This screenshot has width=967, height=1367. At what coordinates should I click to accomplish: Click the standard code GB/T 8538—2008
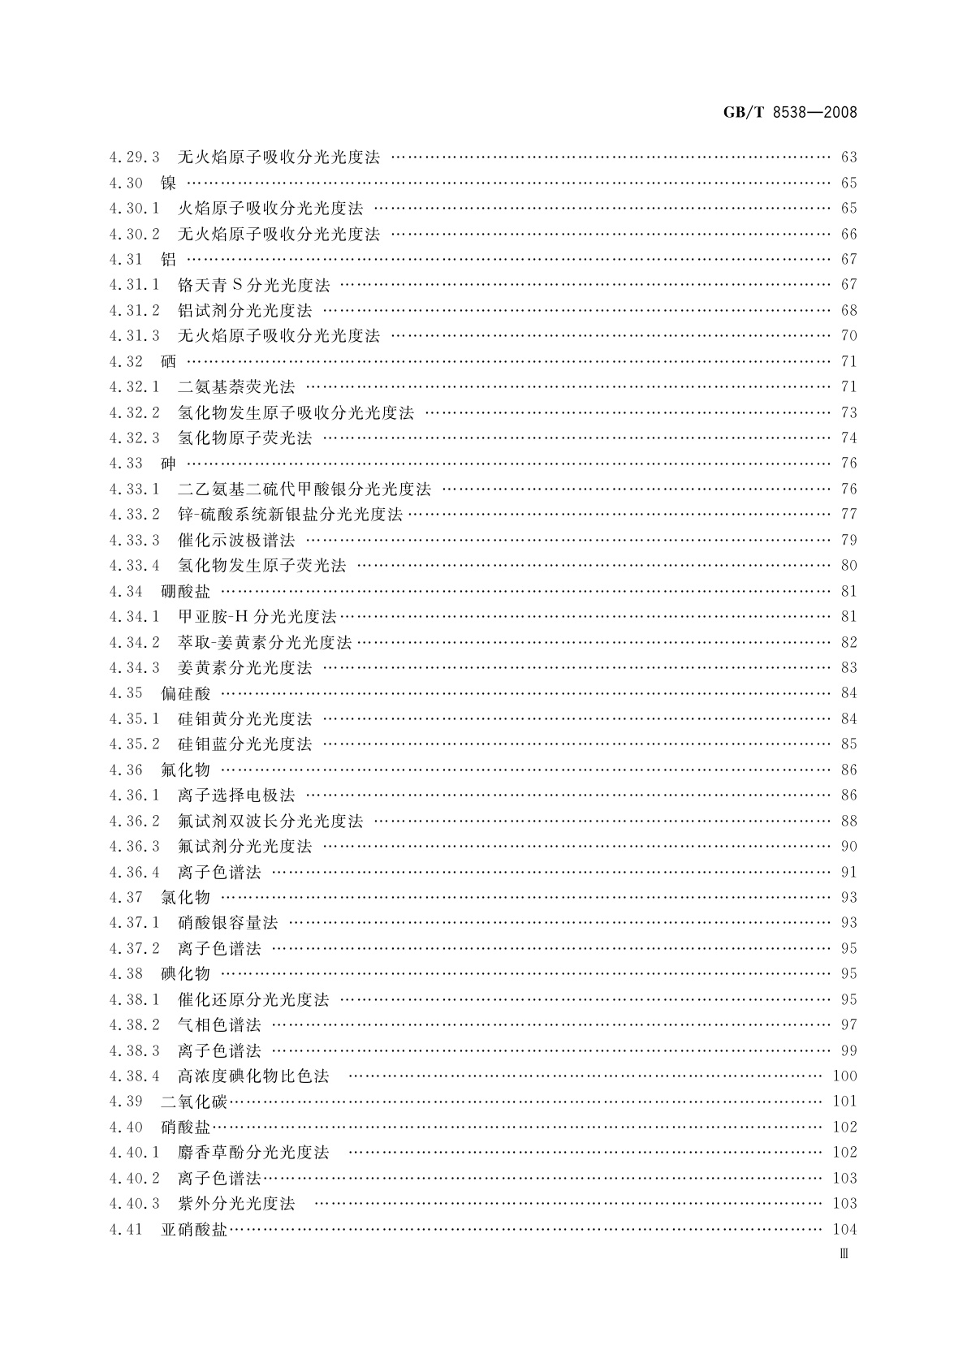(x=789, y=113)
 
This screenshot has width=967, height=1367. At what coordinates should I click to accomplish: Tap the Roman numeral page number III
(x=844, y=1254)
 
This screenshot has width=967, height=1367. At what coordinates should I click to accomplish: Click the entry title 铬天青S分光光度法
(x=253, y=285)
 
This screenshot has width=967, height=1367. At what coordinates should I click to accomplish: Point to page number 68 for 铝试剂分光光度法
(x=848, y=310)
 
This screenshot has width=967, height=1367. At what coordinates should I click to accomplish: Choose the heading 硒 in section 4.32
(x=169, y=361)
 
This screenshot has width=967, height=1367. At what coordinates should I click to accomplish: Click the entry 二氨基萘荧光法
(x=236, y=386)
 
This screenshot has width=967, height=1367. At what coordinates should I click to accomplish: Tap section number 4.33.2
(x=134, y=514)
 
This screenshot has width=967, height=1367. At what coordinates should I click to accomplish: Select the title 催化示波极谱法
(x=236, y=540)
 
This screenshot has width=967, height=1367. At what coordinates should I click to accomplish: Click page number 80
(x=848, y=565)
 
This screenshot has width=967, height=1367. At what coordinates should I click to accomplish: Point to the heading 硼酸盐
(x=186, y=591)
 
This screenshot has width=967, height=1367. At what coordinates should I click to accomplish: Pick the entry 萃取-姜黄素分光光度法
(x=265, y=642)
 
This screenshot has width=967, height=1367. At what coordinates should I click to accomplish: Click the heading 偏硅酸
(x=186, y=693)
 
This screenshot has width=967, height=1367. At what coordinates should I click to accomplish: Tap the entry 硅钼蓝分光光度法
(x=244, y=744)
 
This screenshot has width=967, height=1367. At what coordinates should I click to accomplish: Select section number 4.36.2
(x=134, y=821)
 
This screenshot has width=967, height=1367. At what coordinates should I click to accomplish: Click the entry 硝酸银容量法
(x=227, y=922)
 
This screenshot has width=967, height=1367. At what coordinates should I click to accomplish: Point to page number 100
(x=844, y=1076)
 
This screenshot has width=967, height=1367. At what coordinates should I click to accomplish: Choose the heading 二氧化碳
(x=194, y=1102)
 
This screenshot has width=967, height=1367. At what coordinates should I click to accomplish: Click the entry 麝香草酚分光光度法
(x=253, y=1152)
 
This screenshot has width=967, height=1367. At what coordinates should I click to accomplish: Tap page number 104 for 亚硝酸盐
(x=844, y=1229)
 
